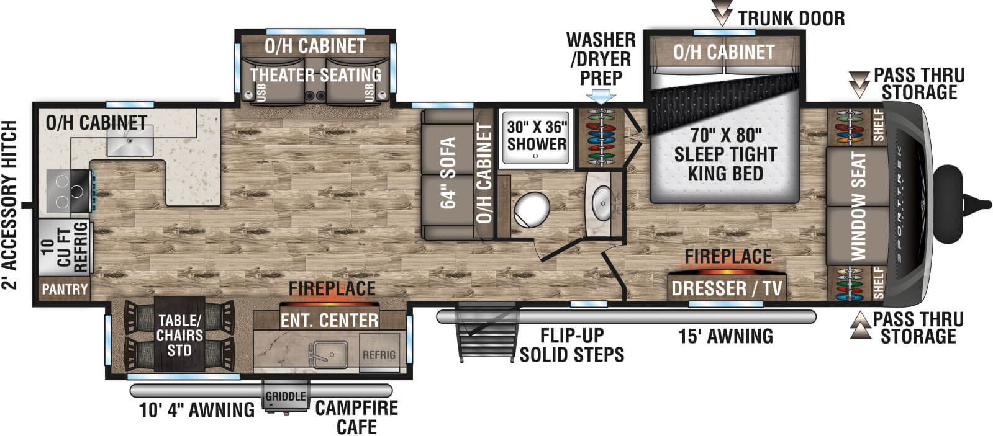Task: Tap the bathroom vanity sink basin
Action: [602, 203]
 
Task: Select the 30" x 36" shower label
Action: [537, 135]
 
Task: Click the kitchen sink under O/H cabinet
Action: [130, 140]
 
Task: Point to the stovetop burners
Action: [69, 192]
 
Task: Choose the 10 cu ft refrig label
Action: [65, 247]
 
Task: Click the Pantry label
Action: [65, 290]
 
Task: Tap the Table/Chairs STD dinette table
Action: [179, 334]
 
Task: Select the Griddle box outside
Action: [286, 396]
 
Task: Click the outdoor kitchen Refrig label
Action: [379, 355]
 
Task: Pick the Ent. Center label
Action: [329, 321]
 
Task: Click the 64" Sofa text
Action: [448, 173]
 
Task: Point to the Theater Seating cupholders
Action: [315, 96]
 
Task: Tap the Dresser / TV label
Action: [727, 288]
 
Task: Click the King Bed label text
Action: [725, 174]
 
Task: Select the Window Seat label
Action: [859, 207]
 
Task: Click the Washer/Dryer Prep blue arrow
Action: [601, 97]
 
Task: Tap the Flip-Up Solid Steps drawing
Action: [487, 332]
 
